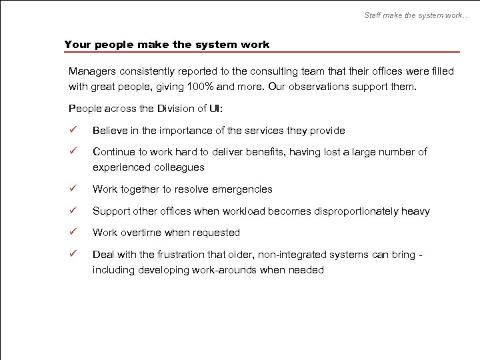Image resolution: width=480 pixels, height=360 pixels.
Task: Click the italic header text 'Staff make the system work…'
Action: click(417, 15)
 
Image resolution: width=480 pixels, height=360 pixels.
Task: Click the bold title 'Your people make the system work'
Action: click(167, 45)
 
